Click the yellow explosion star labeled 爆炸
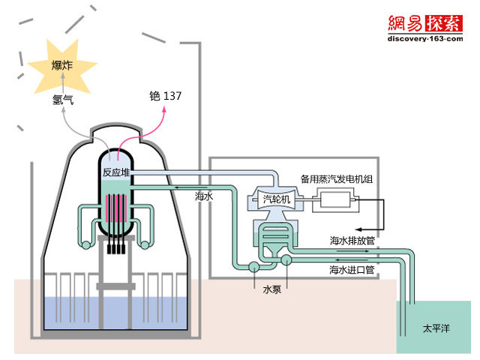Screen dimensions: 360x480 point(62,67)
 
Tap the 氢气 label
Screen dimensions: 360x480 point(64,97)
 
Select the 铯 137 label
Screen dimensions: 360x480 point(165,96)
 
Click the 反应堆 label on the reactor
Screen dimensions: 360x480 point(116,172)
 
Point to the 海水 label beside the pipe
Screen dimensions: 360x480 point(205,196)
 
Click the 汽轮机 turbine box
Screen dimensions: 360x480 point(278,199)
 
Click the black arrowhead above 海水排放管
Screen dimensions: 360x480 point(358,229)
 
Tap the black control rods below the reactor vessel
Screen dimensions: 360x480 point(116,248)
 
